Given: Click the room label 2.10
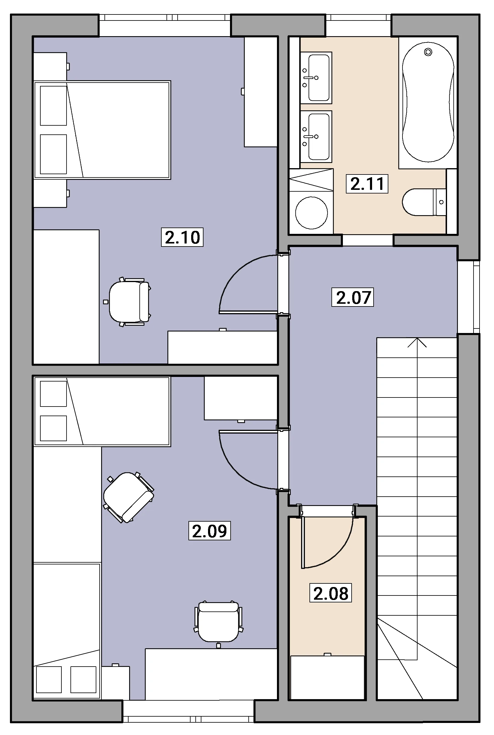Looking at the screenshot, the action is coord(182,237).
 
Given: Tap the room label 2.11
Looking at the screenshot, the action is coord(367,184).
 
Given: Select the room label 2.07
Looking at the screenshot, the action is coord(353,297).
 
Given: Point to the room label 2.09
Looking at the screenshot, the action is coord(210,531).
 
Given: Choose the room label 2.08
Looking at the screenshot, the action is coord(331,593).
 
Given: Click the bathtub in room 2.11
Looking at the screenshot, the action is coord(428,102).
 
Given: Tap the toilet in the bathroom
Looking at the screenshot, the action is coord(424,202).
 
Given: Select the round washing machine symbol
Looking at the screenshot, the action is coord(311,212).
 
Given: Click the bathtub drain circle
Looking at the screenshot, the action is coord(428,52).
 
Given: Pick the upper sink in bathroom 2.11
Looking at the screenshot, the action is coord(316,78).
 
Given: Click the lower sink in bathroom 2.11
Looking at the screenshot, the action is coord(316,137).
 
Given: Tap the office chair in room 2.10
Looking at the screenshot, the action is coord(127,302).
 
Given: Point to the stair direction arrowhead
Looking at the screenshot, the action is coord(417,342).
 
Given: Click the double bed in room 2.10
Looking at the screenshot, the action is coord(102,130).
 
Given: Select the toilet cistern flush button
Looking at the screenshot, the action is coord(441,202).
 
